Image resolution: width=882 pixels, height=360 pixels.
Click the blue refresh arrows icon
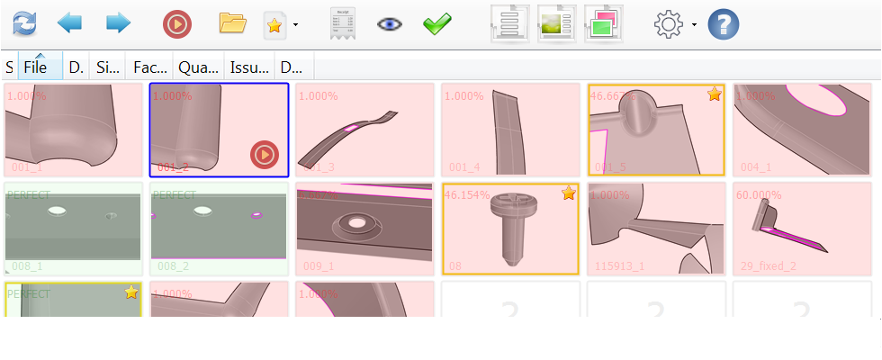(x=25, y=23)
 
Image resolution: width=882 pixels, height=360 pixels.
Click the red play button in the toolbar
(x=177, y=23)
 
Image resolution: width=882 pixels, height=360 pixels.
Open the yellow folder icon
(x=233, y=23)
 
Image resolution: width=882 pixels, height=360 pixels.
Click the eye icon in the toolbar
(x=390, y=24)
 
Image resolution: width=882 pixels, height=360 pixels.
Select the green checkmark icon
(x=437, y=23)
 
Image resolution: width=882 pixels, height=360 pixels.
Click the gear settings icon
(x=669, y=24)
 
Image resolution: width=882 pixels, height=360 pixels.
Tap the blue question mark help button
(x=724, y=24)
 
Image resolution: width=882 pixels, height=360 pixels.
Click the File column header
(x=37, y=67)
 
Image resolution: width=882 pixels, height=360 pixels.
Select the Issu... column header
(x=249, y=67)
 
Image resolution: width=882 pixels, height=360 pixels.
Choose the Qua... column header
(x=198, y=67)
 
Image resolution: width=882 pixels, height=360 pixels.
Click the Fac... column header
(x=149, y=67)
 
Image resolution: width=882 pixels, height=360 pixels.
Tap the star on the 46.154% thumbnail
(x=569, y=193)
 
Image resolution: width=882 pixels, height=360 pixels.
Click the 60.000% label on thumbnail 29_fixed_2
(x=758, y=195)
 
